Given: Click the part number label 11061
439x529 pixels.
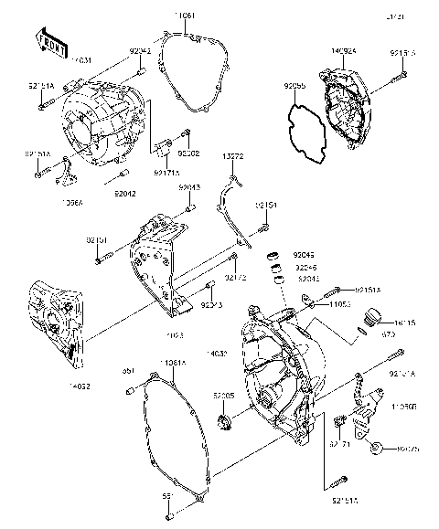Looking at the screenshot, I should point(186,17).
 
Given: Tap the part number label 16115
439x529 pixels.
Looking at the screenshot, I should point(404,324).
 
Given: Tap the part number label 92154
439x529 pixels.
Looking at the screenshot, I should point(266,206).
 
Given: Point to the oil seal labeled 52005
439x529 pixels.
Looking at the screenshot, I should point(224,422).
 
